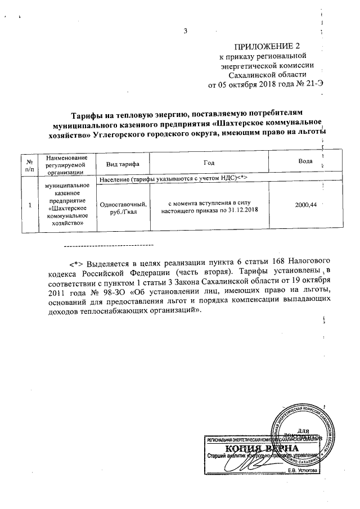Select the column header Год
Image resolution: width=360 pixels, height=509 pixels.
click(209, 163)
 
